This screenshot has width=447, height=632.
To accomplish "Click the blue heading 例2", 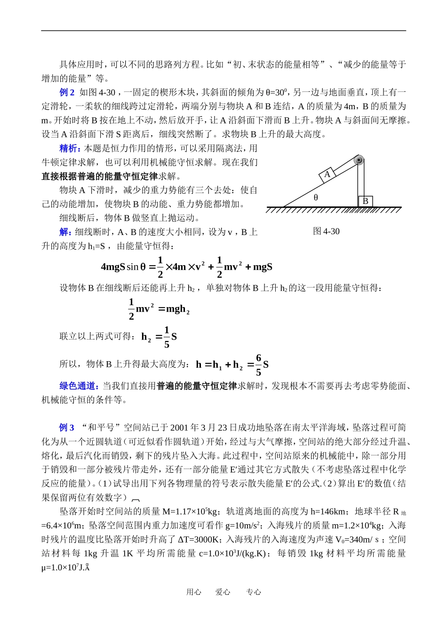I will tap(67, 92).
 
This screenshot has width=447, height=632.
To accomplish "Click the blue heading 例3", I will tap(66, 428).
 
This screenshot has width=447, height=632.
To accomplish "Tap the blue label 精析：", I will tap(71, 148).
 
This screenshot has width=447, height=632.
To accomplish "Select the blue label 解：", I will tap(66, 232).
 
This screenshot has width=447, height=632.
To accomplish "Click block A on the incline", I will tap(327, 174).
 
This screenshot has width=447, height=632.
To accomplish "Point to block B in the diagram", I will tap(365, 201).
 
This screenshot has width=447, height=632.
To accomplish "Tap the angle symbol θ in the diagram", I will tap(316, 198).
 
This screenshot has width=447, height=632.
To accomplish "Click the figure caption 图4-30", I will tap(326, 231).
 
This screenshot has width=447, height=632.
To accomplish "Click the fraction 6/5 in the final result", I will tap(258, 365).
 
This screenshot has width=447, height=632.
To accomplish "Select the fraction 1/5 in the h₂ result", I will tap(167, 337).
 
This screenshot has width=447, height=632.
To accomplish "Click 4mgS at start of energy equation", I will tap(113, 267).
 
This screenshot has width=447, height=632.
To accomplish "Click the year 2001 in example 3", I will tap(179, 428).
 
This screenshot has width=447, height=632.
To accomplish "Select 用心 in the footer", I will tap(193, 592).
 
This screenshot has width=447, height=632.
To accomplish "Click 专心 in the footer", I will tap(253, 592).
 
